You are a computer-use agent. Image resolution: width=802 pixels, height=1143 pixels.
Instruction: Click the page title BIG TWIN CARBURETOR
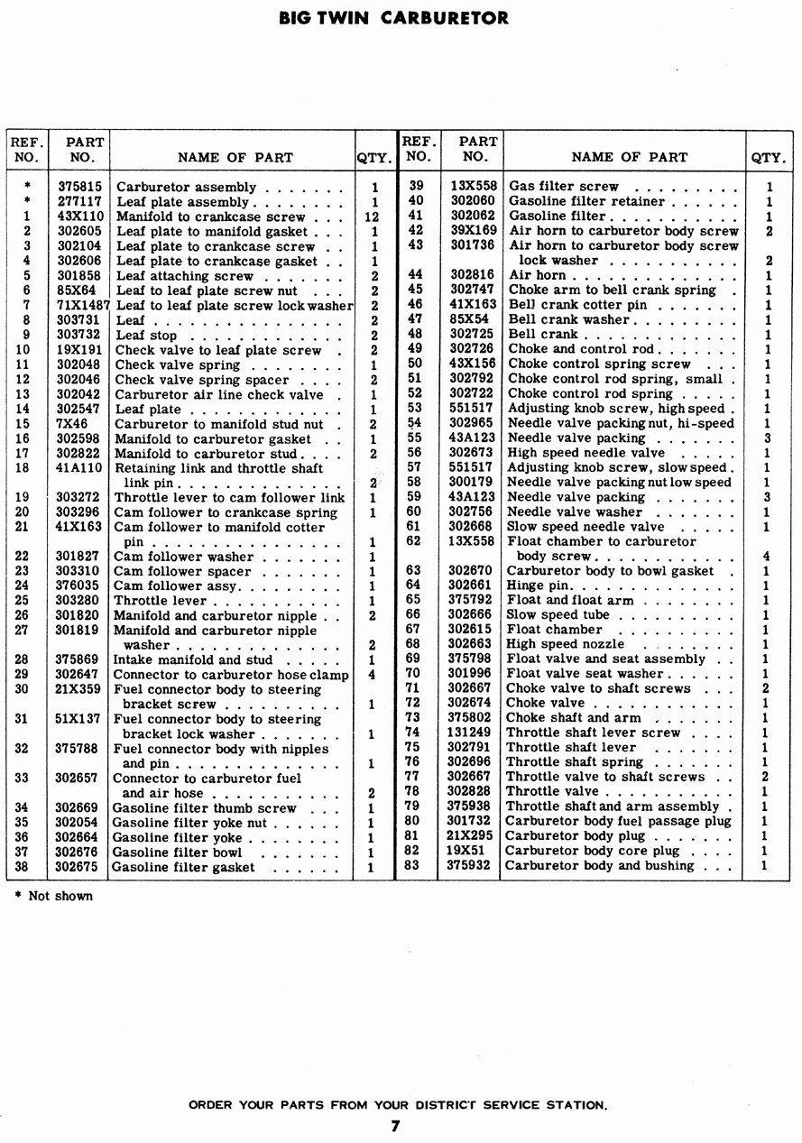click(x=393, y=18)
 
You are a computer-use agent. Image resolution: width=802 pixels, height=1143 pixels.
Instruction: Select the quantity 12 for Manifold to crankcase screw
click(x=372, y=217)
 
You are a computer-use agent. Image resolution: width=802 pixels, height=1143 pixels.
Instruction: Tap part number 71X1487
click(x=83, y=306)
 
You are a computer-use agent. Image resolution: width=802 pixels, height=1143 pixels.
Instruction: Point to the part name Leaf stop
click(x=147, y=336)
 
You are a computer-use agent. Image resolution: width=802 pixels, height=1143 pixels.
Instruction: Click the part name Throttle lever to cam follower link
click(x=229, y=498)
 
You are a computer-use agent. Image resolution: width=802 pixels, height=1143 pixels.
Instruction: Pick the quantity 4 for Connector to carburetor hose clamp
click(x=372, y=675)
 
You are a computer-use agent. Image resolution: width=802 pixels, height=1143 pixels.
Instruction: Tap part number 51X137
click(x=78, y=719)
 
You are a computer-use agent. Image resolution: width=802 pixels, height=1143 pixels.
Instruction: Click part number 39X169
click(x=473, y=231)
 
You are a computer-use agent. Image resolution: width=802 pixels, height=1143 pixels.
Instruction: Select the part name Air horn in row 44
click(x=538, y=275)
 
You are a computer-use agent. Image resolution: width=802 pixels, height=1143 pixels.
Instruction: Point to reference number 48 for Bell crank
click(x=415, y=334)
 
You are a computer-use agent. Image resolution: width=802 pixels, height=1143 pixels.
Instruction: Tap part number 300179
click(x=472, y=482)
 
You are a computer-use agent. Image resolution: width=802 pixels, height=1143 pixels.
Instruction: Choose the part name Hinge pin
click(x=538, y=585)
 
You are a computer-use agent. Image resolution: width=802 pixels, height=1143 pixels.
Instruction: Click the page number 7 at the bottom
click(x=394, y=1125)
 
